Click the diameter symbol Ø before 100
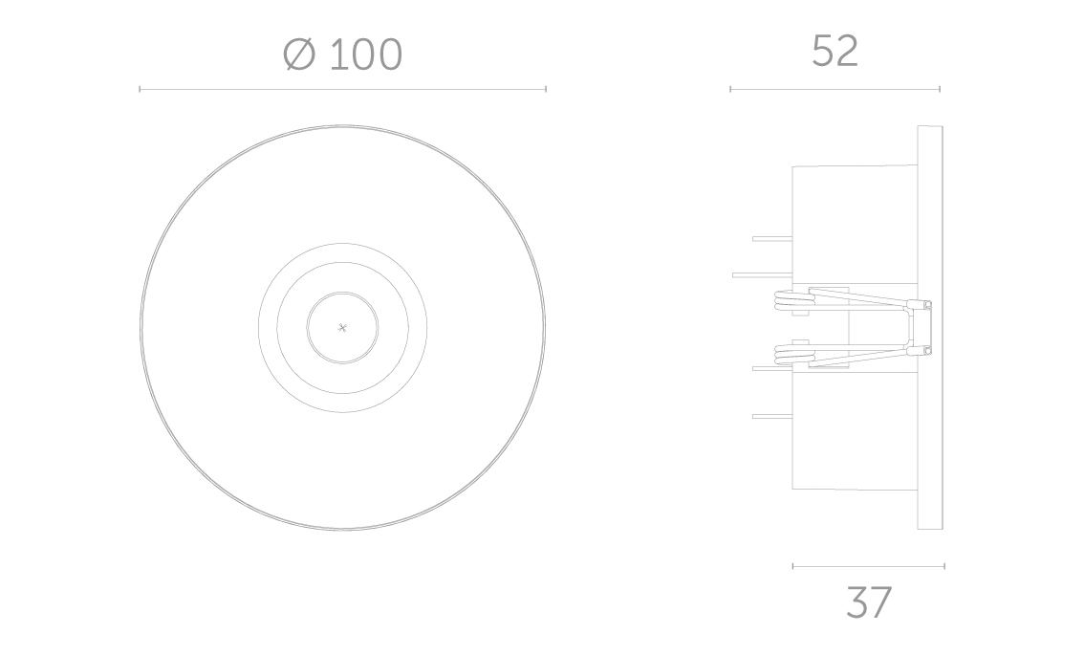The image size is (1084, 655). click(x=299, y=54)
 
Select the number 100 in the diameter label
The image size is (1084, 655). click(x=366, y=55)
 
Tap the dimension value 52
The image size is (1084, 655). click(x=835, y=52)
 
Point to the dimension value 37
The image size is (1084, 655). click(x=869, y=602)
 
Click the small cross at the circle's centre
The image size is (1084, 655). click(x=342, y=328)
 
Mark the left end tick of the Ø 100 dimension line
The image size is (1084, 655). click(x=140, y=89)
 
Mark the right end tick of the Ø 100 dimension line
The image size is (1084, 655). click(x=546, y=89)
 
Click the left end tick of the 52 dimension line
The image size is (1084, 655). click(x=730, y=89)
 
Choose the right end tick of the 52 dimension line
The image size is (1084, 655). click(x=940, y=89)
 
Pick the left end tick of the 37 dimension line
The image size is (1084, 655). click(x=793, y=566)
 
